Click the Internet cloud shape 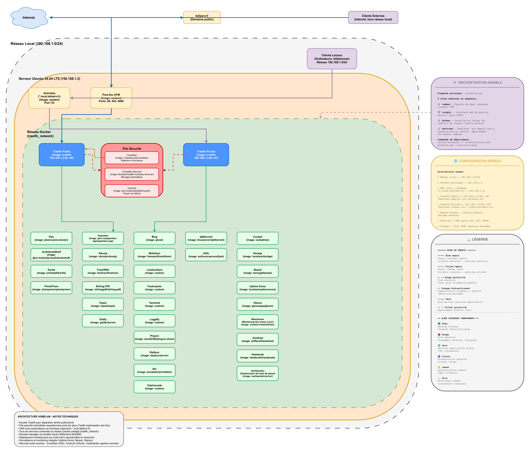click(29, 18)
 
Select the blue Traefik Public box click(62, 155)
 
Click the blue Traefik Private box click(206, 155)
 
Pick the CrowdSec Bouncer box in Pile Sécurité click(132, 174)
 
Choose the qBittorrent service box click(206, 238)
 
